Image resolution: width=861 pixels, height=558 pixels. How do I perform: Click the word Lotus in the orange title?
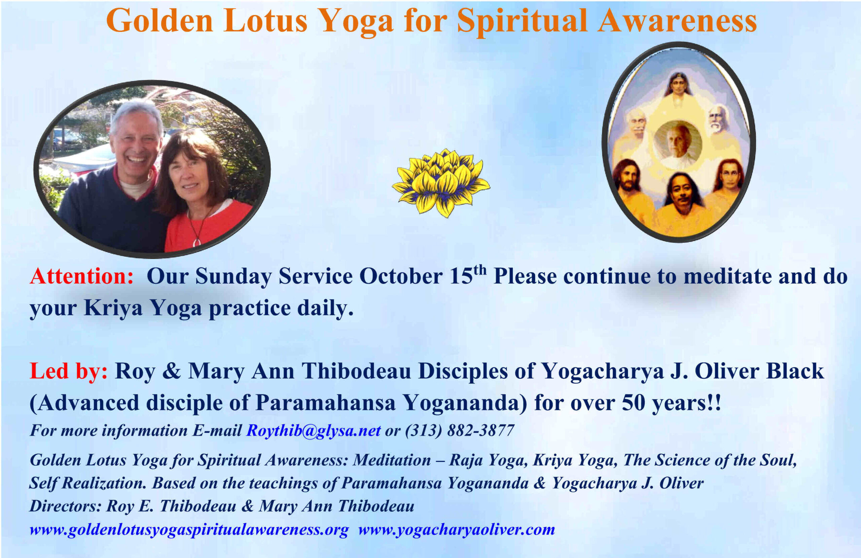pyautogui.click(x=265, y=21)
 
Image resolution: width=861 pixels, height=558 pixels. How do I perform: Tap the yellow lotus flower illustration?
pyautogui.click(x=441, y=183)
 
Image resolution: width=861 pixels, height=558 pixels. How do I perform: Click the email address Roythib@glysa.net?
pyautogui.click(x=313, y=430)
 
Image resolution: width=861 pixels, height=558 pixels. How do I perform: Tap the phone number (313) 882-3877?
pyautogui.click(x=460, y=430)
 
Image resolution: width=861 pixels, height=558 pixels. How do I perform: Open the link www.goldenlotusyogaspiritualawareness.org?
pyautogui.click(x=189, y=529)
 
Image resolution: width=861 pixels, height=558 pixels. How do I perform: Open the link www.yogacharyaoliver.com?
pyautogui.click(x=457, y=529)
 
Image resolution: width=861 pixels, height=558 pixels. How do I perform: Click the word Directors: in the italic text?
pyautogui.click(x=66, y=506)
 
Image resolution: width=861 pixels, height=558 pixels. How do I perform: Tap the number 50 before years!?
pyautogui.click(x=634, y=403)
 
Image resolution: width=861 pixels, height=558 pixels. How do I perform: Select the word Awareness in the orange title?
pyautogui.click(x=677, y=21)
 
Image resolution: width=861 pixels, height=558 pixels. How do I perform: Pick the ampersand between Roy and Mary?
pyautogui.click(x=172, y=371)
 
